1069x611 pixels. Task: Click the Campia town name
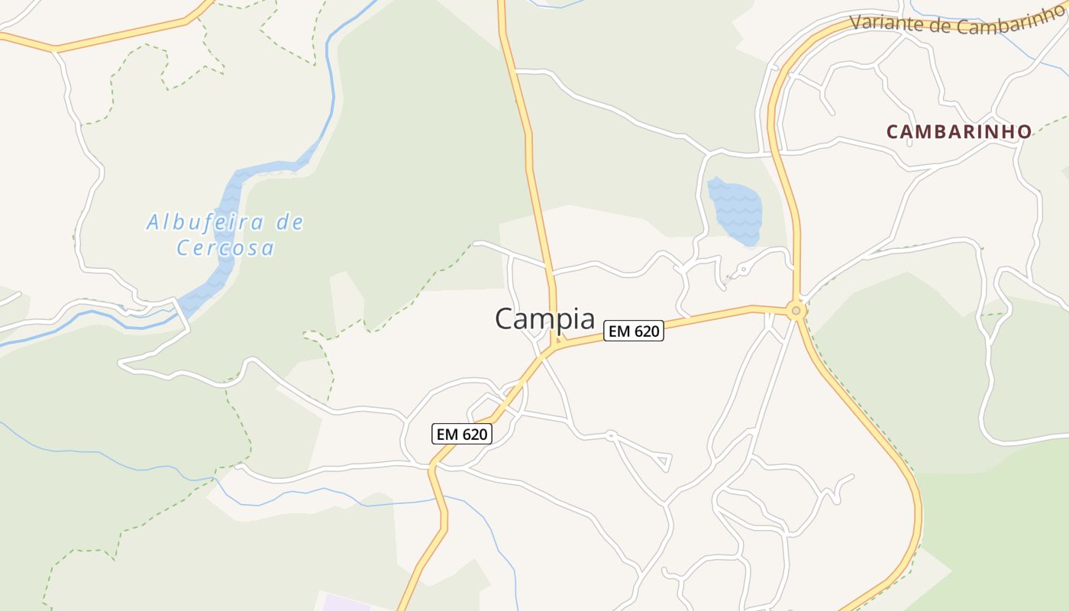pyautogui.click(x=544, y=318)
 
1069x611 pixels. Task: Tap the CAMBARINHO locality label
pyautogui.click(x=959, y=131)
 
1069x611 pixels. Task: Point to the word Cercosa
pyautogui.click(x=225, y=248)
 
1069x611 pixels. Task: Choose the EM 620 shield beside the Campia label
pyautogui.click(x=633, y=331)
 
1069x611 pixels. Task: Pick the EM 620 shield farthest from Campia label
pyautogui.click(x=461, y=434)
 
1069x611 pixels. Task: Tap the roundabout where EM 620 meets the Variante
pyautogui.click(x=796, y=311)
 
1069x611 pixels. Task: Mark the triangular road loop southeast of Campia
pyautogui.click(x=660, y=461)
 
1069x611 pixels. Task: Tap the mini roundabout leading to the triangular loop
pyautogui.click(x=610, y=435)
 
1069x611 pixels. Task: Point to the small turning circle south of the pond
pyautogui.click(x=742, y=270)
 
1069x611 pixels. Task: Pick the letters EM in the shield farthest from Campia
pyautogui.click(x=446, y=434)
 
